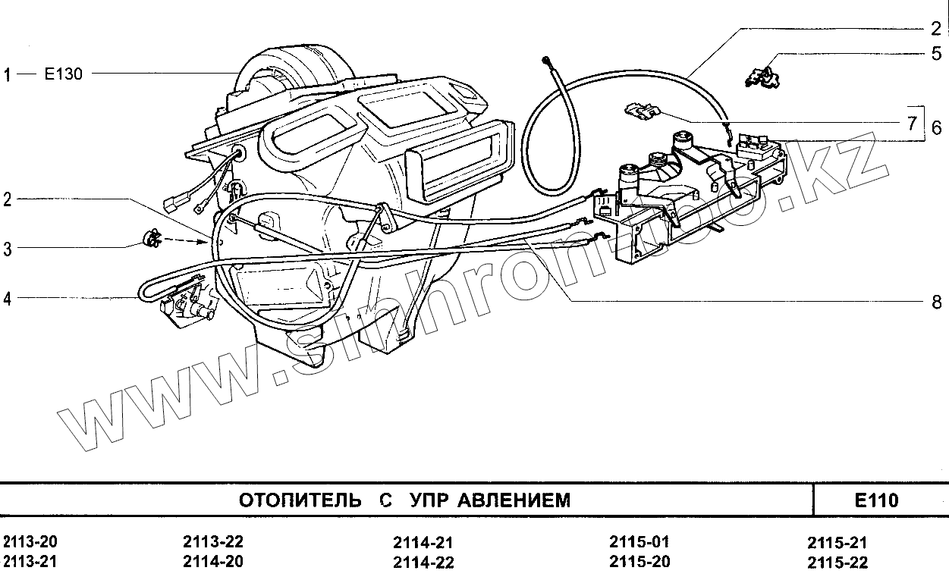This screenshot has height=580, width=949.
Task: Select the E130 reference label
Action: (64, 74)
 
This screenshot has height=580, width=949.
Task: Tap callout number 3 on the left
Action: (7, 249)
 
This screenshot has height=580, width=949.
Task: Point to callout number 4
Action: (7, 299)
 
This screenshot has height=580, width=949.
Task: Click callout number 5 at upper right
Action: (937, 54)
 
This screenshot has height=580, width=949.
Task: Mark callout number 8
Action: (937, 302)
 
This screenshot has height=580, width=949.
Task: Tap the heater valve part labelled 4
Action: (185, 307)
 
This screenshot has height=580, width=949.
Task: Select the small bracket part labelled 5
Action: (763, 76)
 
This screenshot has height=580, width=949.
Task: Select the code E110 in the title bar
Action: (876, 500)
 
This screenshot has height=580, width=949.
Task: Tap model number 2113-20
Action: (30, 543)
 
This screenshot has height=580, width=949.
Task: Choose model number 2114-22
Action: (423, 563)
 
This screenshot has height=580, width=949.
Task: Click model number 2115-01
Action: (639, 543)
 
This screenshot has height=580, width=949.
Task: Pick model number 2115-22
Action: (837, 563)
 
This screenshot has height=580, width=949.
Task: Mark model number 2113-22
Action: (213, 543)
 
